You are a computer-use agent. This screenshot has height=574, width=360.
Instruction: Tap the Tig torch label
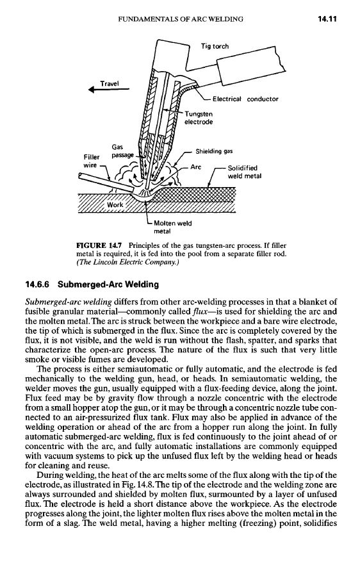pyautogui.click(x=214, y=46)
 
